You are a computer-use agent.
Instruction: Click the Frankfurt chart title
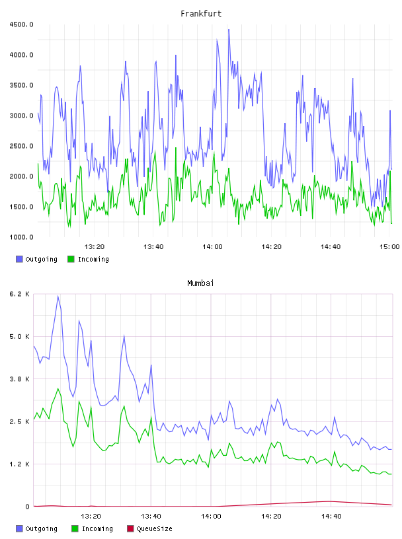pos(201,14)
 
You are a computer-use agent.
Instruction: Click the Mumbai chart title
pos(200,283)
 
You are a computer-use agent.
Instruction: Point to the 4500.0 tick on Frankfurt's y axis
pos(21,24)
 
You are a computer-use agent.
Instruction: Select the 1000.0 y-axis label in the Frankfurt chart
pos(21,237)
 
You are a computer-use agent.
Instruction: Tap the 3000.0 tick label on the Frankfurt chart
pos(21,116)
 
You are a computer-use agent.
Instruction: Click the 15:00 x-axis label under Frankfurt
pos(389,247)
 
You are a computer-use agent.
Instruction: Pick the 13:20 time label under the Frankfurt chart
pos(95,247)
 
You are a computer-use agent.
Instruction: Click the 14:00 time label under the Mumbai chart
pos(211,517)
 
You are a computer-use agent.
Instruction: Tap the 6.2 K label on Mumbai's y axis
pos(19,294)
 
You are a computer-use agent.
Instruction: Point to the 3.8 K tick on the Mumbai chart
pos(19,379)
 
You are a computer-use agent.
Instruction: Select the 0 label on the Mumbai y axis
pos(27,507)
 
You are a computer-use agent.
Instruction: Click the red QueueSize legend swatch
pos(130,528)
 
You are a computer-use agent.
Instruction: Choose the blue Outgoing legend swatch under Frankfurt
pos(19,259)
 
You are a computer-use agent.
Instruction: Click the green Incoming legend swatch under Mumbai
pos(75,528)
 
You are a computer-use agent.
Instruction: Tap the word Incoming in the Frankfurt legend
pos(93,260)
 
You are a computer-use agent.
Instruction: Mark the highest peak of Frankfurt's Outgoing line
pos(229,30)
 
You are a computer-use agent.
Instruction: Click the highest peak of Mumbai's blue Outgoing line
pos(58,296)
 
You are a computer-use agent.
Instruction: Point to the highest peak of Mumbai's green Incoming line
pos(58,389)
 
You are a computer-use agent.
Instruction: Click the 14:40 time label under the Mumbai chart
pos(331,517)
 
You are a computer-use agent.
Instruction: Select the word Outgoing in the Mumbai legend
pos(41,529)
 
